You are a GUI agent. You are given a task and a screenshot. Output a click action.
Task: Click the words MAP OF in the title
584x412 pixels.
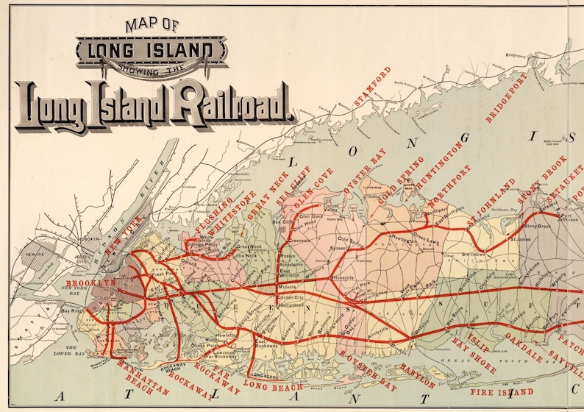click(x=152, y=24)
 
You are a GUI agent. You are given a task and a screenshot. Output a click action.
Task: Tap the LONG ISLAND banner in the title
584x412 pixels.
click(x=152, y=51)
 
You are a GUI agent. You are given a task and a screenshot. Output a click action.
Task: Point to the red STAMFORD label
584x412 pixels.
click(x=373, y=90)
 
